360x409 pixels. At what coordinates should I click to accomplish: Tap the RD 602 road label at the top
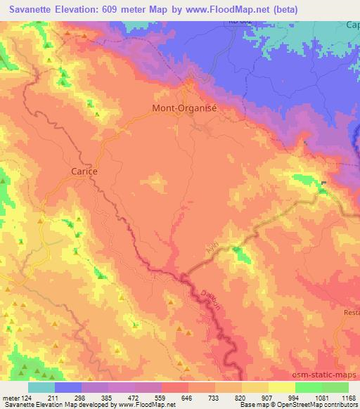[x=239, y=22]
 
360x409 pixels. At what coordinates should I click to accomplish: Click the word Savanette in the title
[x=29, y=9]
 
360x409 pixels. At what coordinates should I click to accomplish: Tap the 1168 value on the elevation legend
[x=349, y=397]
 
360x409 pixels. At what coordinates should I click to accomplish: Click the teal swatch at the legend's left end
[x=41, y=387]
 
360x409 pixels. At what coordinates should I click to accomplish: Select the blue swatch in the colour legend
[x=67, y=387]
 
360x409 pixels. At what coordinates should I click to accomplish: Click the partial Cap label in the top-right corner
[x=352, y=25]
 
